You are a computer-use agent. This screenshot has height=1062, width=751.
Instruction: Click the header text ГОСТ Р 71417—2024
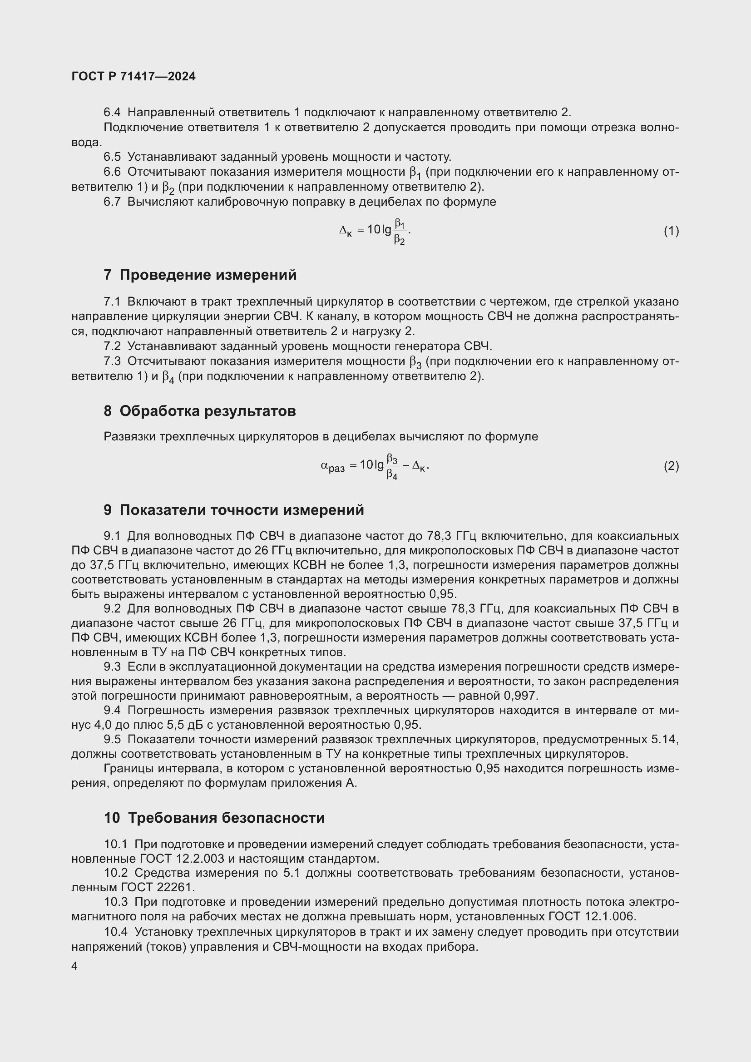tap(133, 77)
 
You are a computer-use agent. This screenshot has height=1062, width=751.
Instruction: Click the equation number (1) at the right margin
tap(671, 230)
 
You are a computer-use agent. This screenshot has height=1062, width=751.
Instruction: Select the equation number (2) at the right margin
tap(671, 466)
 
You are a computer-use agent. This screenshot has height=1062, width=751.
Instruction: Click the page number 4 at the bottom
tap(74, 966)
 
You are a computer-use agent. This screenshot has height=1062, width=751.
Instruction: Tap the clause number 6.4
tap(112, 113)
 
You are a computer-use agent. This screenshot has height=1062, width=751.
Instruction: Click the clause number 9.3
tap(112, 667)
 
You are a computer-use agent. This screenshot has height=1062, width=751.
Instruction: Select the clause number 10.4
tap(116, 932)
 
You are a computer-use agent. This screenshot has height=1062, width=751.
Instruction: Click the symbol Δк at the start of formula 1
tap(345, 231)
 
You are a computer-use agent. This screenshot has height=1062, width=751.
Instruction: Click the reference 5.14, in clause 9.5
tap(665, 739)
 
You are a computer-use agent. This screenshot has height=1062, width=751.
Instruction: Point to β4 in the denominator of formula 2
tap(392, 474)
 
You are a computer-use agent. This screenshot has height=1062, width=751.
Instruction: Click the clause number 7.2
tap(112, 346)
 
